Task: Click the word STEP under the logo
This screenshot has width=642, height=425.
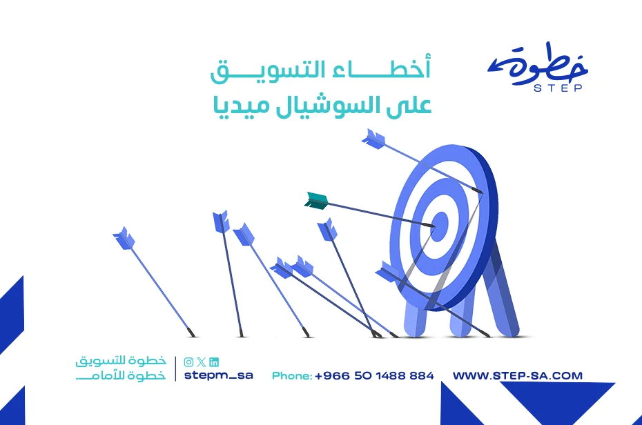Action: coord(558,88)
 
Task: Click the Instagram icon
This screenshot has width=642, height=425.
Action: coord(188,362)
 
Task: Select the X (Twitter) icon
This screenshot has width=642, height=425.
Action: coord(201,362)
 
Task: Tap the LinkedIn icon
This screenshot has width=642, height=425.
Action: coord(214,362)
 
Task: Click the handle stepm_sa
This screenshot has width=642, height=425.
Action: coord(219,375)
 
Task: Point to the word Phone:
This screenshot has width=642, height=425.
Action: coord(292,375)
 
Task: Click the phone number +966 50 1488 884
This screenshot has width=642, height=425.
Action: coord(374,375)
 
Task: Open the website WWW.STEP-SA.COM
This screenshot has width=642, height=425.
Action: coord(518,375)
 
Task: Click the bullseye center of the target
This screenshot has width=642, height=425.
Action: coord(440,226)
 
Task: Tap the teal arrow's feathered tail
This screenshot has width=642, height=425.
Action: coord(316,201)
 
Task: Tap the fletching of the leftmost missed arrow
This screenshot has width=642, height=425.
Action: coord(124,237)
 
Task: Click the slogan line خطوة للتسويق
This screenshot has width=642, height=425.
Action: coord(121,361)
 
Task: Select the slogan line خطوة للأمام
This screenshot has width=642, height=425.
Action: coord(121,375)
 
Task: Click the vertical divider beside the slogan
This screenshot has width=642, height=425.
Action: coord(175,368)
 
